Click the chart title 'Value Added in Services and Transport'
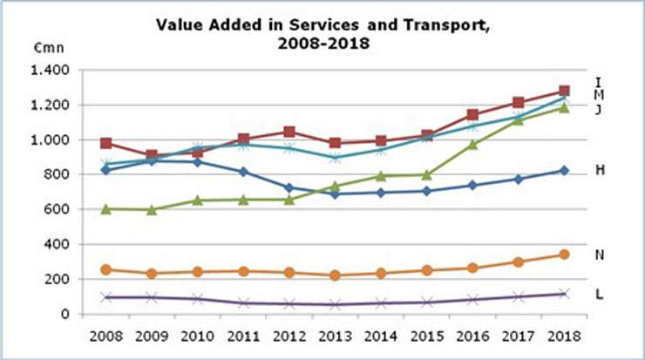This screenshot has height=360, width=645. click(323, 25)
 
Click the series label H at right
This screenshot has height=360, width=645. click(600, 170)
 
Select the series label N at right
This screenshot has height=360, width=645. click(600, 255)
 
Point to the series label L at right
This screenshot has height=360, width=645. click(600, 293)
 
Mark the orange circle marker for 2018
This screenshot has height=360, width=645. click(564, 255)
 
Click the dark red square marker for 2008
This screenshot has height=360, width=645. click(106, 143)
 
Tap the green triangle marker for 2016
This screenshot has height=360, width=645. click(472, 144)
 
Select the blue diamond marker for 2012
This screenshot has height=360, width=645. click(289, 187)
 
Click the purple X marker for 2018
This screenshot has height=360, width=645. click(564, 294)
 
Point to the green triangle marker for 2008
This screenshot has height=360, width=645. click(106, 208)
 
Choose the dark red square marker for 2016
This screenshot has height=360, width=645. click(472, 114)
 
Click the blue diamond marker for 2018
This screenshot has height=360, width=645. click(564, 171)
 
